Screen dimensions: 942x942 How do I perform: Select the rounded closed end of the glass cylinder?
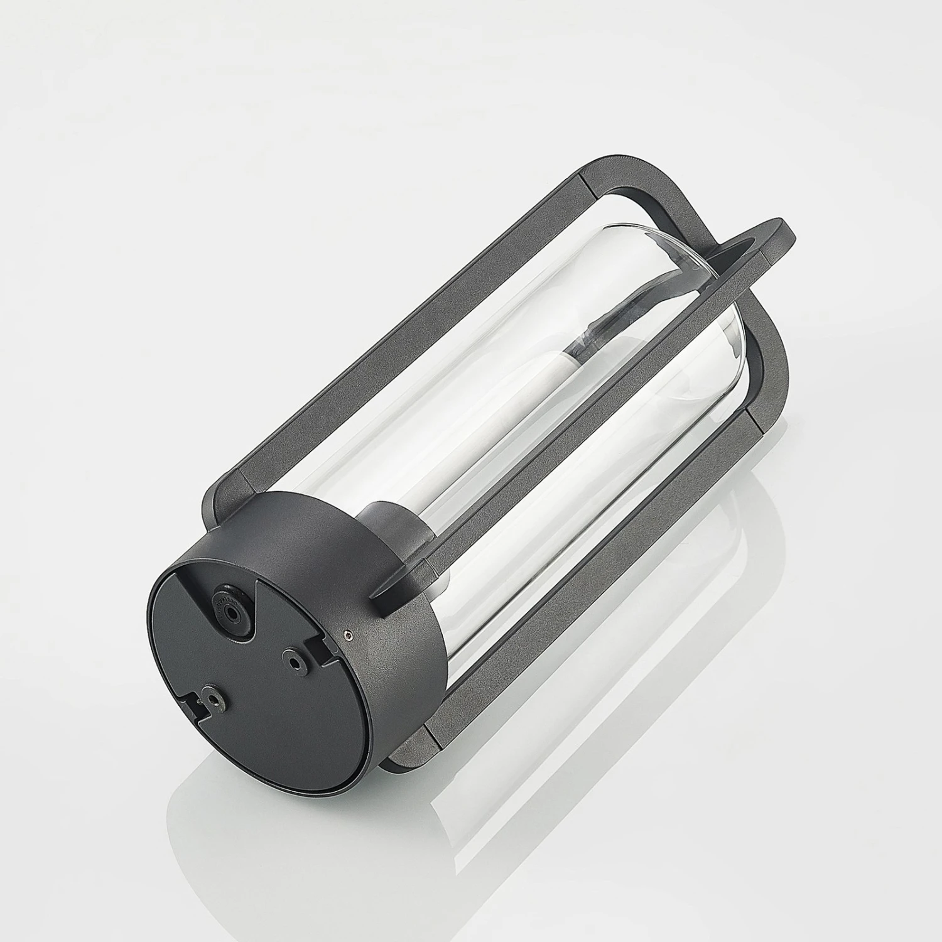point(691,264)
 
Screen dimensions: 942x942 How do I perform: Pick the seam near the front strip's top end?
point(763,254)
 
